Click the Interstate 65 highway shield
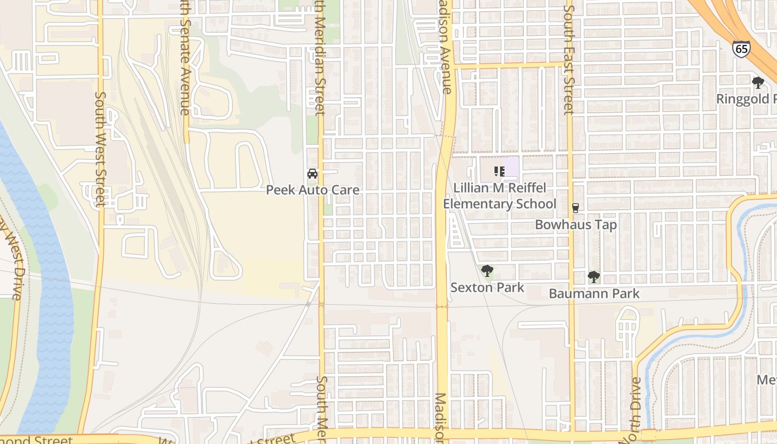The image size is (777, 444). (x=740, y=49)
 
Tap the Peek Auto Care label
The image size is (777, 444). (x=312, y=190)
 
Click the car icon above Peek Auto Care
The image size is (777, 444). (x=312, y=174)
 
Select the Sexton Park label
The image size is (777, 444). (x=487, y=287)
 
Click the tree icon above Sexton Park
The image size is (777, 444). (x=487, y=271)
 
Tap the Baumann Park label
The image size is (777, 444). (x=594, y=294)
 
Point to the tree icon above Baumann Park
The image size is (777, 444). (x=594, y=277)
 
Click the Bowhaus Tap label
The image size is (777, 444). (x=576, y=225)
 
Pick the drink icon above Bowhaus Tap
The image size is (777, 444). (x=576, y=208)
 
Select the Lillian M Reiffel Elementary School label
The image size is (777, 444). (x=500, y=196)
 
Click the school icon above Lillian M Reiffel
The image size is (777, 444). (x=500, y=171)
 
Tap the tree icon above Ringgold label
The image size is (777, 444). (x=758, y=83)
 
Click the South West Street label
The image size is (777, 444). (x=100, y=149)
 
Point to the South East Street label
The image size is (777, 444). (x=568, y=60)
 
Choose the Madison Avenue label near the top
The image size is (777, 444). (x=445, y=47)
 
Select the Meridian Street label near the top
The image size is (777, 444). (x=320, y=58)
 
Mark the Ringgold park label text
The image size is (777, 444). (x=746, y=99)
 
